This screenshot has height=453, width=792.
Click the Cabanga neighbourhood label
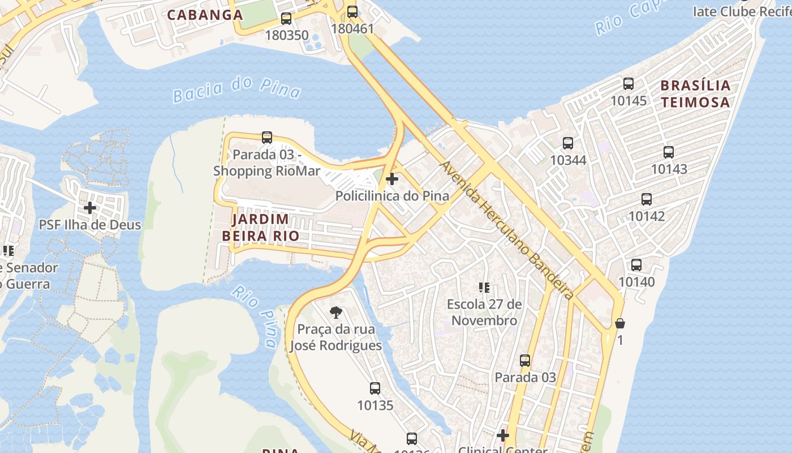click(205, 15)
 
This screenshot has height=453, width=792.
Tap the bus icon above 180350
click(286, 19)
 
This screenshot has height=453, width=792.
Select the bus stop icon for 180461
click(352, 11)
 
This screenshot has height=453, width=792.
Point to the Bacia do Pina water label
click(236, 89)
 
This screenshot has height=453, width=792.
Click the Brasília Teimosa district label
click(695, 94)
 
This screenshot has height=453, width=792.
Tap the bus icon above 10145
click(628, 84)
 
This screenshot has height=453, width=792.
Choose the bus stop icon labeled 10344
click(568, 143)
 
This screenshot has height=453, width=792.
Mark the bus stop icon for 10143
click(669, 152)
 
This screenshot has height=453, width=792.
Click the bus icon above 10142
click(647, 199)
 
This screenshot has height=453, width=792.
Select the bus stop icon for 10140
click(636, 265)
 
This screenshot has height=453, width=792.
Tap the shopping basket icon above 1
click(620, 323)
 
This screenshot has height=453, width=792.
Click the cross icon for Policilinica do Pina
click(391, 180)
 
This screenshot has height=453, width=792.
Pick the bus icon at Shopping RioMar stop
click(267, 138)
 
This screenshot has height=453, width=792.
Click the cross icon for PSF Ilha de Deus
click(89, 208)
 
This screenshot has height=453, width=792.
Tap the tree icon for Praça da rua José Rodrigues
click(335, 312)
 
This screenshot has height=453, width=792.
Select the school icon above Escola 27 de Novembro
click(484, 288)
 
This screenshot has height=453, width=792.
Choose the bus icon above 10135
click(375, 388)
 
